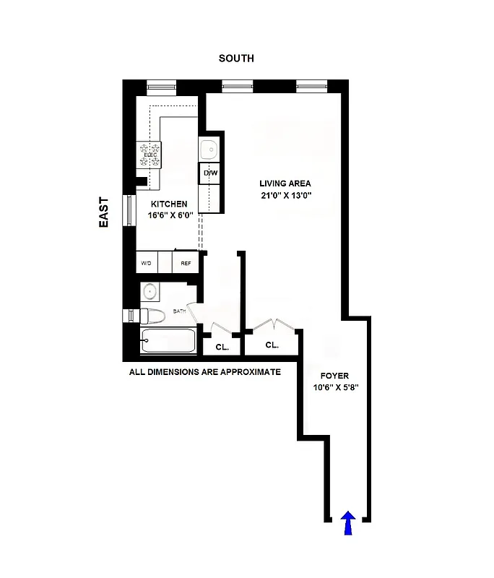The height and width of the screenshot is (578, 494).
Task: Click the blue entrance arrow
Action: (x=348, y=524)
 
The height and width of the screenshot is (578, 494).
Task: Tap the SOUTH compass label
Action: (x=236, y=58)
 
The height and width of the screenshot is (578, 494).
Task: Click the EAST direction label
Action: (x=104, y=212)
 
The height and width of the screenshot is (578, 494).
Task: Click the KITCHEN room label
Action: (x=170, y=204)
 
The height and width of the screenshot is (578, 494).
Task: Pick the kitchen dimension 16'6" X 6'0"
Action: (x=170, y=215)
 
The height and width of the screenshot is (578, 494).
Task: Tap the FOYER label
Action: (x=335, y=376)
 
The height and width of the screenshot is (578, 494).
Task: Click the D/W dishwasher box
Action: (x=210, y=173)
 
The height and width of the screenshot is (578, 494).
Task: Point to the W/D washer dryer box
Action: (x=147, y=263)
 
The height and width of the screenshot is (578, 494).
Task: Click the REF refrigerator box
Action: (x=186, y=263)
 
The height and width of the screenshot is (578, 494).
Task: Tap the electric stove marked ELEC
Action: (x=150, y=155)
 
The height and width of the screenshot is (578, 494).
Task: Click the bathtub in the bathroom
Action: (x=168, y=342)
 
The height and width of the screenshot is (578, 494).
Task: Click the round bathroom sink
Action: (x=150, y=292)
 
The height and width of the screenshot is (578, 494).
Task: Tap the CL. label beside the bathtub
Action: (x=222, y=348)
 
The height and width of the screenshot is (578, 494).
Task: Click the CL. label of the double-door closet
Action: (x=272, y=345)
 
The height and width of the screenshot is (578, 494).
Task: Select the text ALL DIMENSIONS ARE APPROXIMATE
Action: (x=204, y=373)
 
